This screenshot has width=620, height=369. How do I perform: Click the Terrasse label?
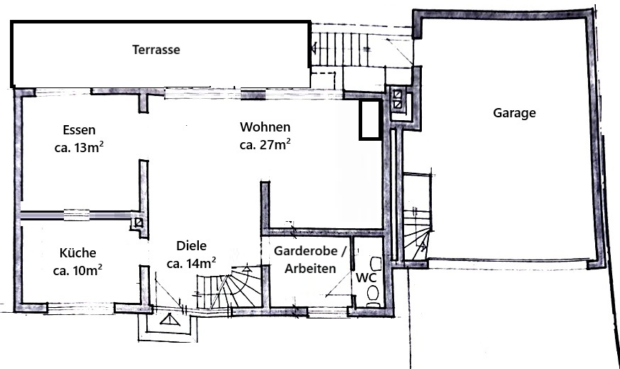coord(156,50)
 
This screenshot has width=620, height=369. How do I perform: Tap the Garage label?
coord(514,112)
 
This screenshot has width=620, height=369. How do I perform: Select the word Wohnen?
coord(265,127)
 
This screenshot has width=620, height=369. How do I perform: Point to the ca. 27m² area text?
coord(265,145)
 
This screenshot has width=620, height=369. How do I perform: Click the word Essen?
coord(79,130)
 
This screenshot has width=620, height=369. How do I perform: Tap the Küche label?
coord(77,252)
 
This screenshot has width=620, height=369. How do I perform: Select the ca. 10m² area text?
coord(77,270)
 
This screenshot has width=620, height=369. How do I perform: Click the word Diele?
coord(191,246)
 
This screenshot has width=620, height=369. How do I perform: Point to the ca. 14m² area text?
coord(191,263)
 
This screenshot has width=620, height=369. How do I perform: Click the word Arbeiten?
coord(310,269)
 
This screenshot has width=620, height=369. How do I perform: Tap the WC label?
coord(366,277)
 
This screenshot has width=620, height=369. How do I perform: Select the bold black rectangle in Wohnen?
coord(370,119)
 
